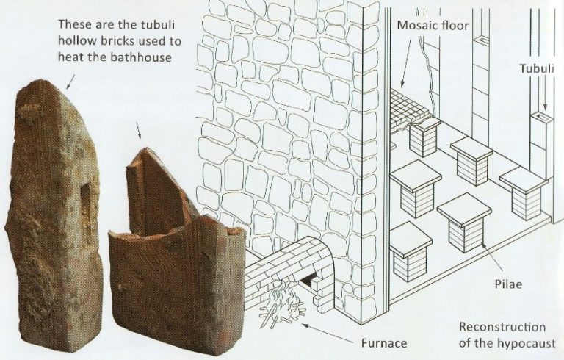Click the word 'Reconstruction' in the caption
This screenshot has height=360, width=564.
tap(502, 327)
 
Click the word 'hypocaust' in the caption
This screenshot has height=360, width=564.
tap(529, 343)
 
